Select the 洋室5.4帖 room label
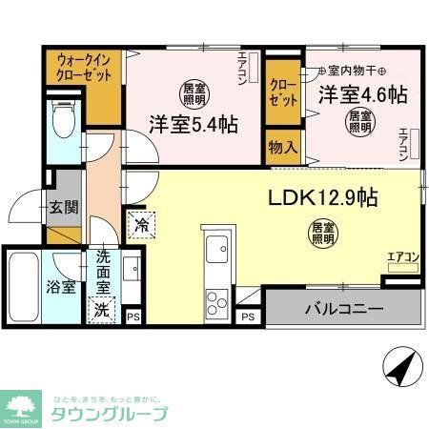point(192,124)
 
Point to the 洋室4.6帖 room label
point(362,94)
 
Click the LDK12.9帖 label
point(321,198)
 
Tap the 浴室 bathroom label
point(63,287)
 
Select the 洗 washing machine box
point(100,309)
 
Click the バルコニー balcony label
point(344,310)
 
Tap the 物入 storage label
point(283,149)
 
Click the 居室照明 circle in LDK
point(321,232)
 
